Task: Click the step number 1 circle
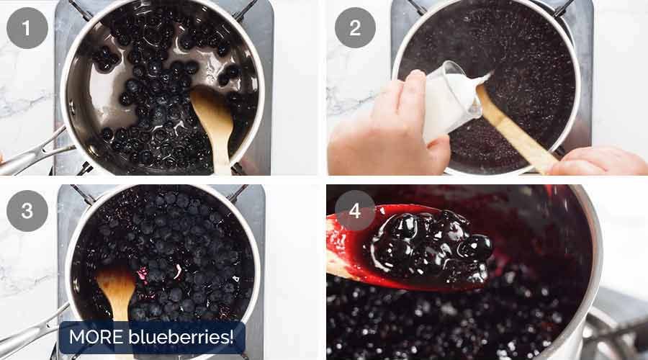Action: pyautogui.click(x=27, y=29)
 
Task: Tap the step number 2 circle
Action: pyautogui.click(x=355, y=27)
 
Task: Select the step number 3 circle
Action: pyautogui.click(x=27, y=211)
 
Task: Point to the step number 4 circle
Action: pyautogui.click(x=355, y=211)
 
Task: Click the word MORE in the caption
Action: pyautogui.click(x=96, y=337)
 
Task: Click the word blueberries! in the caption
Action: pyautogui.click(x=181, y=337)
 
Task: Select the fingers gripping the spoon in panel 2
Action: pyautogui.click(x=599, y=162)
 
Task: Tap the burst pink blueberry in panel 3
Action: pyautogui.click(x=143, y=274)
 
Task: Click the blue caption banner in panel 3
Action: pyautogui.click(x=152, y=337)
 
